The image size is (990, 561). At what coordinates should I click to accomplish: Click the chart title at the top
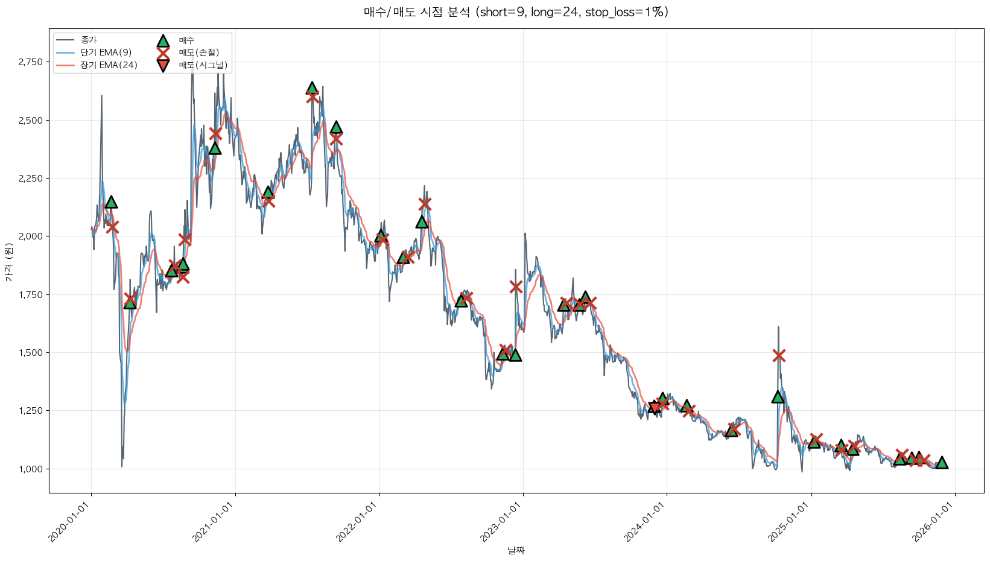(x=516, y=12)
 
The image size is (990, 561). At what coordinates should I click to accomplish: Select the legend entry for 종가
(x=88, y=40)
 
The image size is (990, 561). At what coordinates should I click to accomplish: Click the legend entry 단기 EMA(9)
(x=106, y=53)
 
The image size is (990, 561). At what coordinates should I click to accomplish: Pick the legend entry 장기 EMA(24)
(x=109, y=65)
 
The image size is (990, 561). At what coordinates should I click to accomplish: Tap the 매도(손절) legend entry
(x=198, y=53)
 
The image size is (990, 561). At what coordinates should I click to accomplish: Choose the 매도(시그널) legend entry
(x=203, y=65)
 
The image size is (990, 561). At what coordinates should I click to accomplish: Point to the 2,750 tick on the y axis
(x=31, y=62)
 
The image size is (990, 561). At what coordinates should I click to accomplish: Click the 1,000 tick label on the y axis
(x=31, y=469)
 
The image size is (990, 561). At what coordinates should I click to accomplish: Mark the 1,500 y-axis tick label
(x=31, y=353)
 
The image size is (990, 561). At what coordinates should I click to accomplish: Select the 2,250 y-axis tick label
(x=31, y=179)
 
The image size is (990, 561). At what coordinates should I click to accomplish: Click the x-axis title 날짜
(x=516, y=550)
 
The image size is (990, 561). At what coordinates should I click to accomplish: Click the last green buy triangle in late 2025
(x=941, y=463)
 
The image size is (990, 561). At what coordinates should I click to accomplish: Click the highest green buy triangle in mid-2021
(x=312, y=88)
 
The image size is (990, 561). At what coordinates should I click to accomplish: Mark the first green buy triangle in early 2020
(x=111, y=202)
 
